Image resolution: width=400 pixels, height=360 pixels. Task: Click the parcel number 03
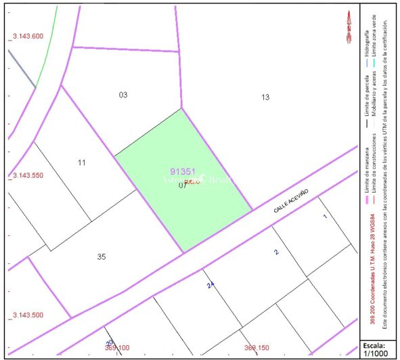pyautogui.click(x=123, y=95)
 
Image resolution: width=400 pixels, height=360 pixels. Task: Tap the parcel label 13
pyautogui.click(x=265, y=97)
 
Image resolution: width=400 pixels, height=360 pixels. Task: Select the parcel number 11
pyautogui.click(x=82, y=162)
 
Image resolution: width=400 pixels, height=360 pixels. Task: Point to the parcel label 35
pyautogui.click(x=102, y=256)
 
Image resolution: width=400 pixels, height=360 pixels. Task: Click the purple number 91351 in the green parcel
pyautogui.click(x=183, y=172)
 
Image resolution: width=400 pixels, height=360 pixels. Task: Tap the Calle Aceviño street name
pyautogui.click(x=292, y=201)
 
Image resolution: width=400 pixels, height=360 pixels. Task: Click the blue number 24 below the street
pyautogui.click(x=210, y=286)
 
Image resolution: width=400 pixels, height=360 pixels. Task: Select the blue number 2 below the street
pyautogui.click(x=275, y=252)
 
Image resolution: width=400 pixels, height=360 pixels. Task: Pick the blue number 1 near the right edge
pyautogui.click(x=325, y=217)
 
